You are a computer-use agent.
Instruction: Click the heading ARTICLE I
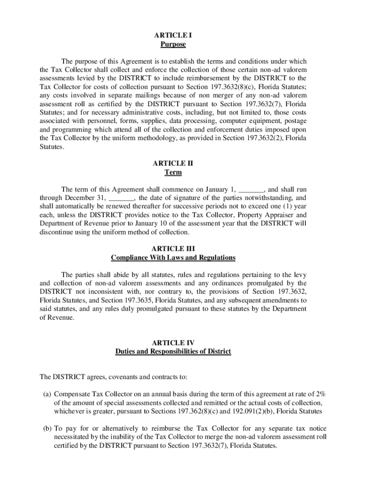point(173,35)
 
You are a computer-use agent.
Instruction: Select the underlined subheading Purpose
point(173,45)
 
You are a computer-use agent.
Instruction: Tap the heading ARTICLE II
point(173,163)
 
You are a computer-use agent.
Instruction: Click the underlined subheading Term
point(173,172)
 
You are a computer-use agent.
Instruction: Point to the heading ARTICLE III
point(173,249)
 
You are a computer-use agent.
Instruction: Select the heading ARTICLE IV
point(173,343)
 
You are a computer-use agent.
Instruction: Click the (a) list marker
point(47,394)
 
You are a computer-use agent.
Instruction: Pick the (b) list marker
point(47,428)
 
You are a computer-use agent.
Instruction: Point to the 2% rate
point(320,394)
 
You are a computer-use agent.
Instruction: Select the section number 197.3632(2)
point(261,138)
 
